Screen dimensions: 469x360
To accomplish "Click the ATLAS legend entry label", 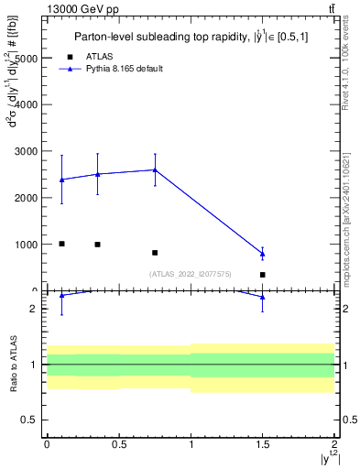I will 99,56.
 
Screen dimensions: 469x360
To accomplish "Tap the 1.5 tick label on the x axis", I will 263,443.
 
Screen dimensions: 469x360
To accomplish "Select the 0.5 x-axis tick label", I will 118,443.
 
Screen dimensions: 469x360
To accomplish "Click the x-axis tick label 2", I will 335,443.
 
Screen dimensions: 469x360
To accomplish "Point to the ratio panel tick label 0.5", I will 31,420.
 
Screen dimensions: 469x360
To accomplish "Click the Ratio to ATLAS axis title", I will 12,365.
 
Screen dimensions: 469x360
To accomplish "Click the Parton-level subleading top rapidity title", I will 190,37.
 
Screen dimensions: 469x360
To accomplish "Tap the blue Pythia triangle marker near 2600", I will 155,169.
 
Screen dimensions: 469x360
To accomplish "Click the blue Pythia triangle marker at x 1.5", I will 263,254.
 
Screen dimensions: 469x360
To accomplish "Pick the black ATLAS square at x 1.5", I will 263,275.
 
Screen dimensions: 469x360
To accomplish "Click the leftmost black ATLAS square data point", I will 61,244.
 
